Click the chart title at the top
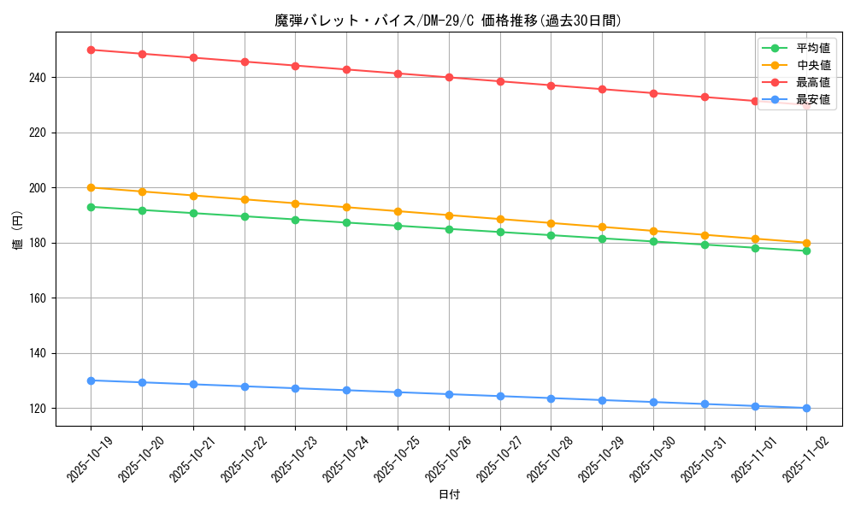tap(449, 21)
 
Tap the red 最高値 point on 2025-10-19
tap(91, 50)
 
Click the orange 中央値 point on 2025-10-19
tap(91, 187)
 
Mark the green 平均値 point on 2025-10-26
tap(449, 228)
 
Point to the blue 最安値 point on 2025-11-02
tap(806, 408)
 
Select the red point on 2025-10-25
tap(398, 74)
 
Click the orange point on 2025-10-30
tap(653, 231)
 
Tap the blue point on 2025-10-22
tap(245, 386)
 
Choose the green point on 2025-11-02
tap(806, 251)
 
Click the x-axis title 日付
tap(449, 495)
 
